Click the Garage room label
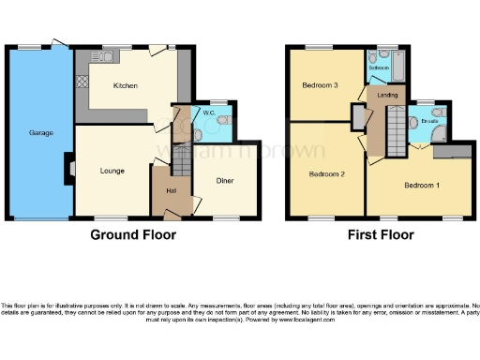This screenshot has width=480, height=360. point(40,133)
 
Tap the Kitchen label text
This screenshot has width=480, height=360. point(126,85)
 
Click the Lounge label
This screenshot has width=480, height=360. point(113,171)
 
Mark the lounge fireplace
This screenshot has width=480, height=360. point(67,170)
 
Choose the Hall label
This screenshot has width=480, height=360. point(171,190)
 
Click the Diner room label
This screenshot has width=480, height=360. point(225,180)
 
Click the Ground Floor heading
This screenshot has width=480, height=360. point(132,235)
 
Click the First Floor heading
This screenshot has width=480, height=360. point(381,235)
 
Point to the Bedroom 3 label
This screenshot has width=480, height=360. point(320,86)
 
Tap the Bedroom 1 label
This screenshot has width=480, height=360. point(420,185)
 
